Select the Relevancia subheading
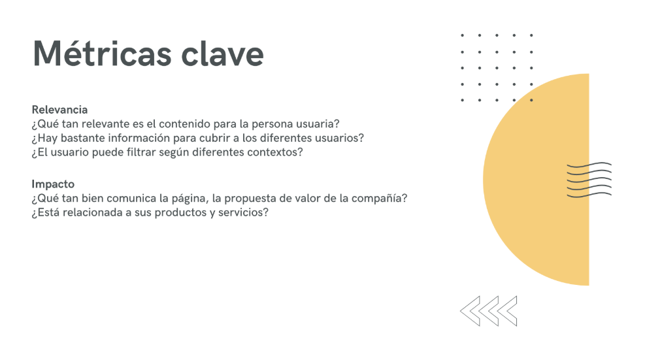click(x=59, y=110)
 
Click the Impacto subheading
click(x=53, y=184)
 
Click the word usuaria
click(x=314, y=124)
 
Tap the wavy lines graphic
click(x=589, y=180)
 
